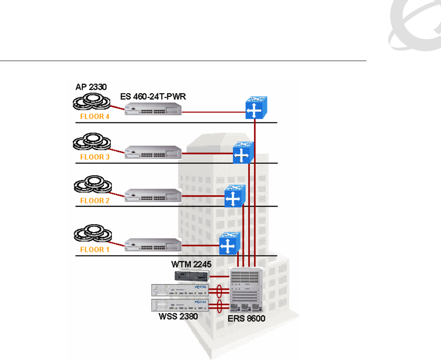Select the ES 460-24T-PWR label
pyautogui.click(x=154, y=97)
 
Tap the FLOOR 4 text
pyautogui.click(x=95, y=117)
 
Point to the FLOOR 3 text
pyautogui.click(x=95, y=157)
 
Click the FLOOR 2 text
pyautogui.click(x=95, y=200)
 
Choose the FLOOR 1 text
pyautogui.click(x=95, y=249)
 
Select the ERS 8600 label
pyautogui.click(x=246, y=318)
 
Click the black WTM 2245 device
pyautogui.click(x=192, y=276)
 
